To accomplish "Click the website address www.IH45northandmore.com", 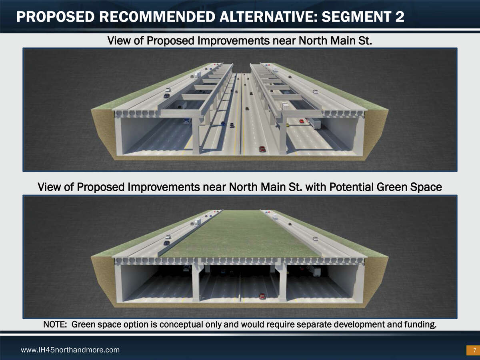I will pos(70,350).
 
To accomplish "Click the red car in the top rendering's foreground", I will pos(262,149).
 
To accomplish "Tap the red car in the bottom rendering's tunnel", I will pos(262,296).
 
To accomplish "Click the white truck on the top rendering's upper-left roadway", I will pos(198,75).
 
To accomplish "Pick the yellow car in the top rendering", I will pos(287,125).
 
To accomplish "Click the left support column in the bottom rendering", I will pos(196,282).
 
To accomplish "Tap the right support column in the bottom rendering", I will pos(282,282).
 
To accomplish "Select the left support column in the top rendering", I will pos(196,136).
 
